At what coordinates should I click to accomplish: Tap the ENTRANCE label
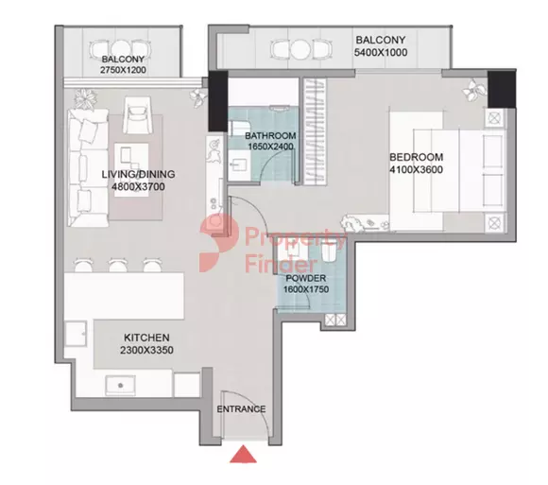coord(241,409)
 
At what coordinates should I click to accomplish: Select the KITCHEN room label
coord(146,338)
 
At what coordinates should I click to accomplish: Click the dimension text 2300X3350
coord(146,350)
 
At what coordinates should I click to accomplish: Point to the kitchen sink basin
coord(121,386)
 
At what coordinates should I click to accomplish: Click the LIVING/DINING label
coord(138,174)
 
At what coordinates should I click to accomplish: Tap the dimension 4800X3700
coord(138,187)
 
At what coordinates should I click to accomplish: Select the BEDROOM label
coord(417,157)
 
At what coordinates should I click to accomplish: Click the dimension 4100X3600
coord(417,169)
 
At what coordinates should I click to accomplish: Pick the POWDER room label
coord(306,278)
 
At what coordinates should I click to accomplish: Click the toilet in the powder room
coord(329,251)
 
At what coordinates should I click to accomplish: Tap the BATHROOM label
coord(270,136)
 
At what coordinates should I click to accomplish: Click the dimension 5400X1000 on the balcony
coord(381,52)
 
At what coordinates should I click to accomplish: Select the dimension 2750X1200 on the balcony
coord(123,70)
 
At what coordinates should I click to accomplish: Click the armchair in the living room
coord(137,114)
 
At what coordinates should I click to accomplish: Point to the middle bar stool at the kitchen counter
coord(118,265)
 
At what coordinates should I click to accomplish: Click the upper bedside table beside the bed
coord(494,118)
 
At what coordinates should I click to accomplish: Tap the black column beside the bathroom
coord(218,101)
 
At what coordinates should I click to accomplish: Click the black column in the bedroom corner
coord(502,89)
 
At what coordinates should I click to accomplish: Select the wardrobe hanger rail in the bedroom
coord(315,131)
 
